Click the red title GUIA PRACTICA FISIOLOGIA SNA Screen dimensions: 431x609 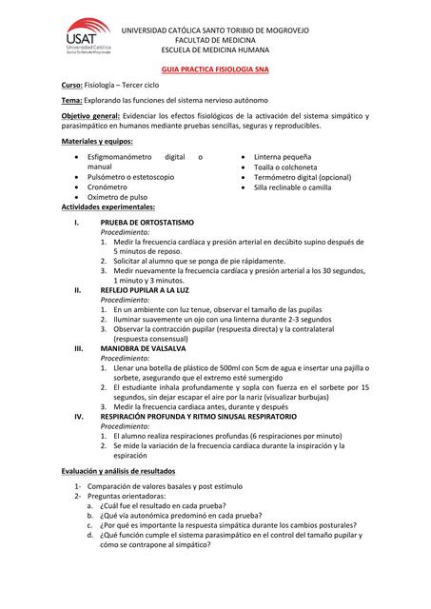[x=216, y=70]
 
